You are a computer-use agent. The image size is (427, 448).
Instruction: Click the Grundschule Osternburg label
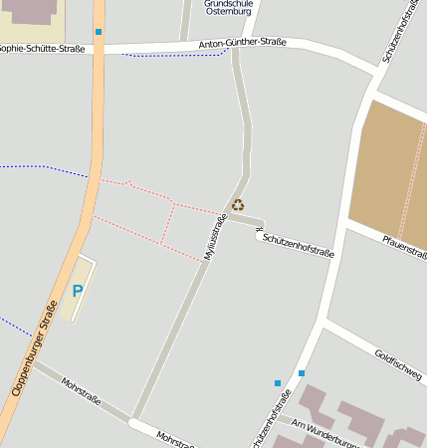click(x=227, y=7)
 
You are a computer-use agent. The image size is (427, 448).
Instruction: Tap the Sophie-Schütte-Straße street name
click(x=42, y=47)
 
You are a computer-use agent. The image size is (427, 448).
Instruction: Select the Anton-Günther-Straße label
click(x=242, y=43)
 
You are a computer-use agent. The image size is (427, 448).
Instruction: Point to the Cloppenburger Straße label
click(x=34, y=348)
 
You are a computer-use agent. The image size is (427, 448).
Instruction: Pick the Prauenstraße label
click(x=404, y=248)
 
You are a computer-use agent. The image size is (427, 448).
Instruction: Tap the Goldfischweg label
click(x=398, y=360)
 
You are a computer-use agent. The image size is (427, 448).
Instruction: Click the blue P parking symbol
click(x=78, y=292)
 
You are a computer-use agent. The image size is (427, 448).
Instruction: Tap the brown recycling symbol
click(x=238, y=205)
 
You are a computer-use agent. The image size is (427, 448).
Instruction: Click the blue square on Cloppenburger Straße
click(x=99, y=32)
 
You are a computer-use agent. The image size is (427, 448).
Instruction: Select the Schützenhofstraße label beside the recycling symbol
click(x=298, y=246)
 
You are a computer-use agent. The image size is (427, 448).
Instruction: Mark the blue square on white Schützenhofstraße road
click(x=302, y=373)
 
